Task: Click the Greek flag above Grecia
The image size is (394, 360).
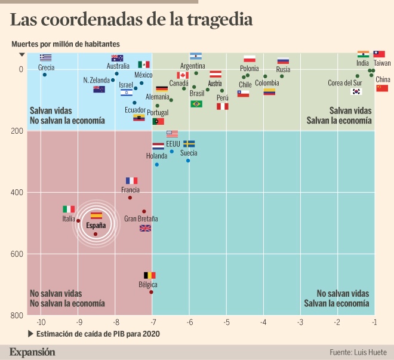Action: [x=45, y=58]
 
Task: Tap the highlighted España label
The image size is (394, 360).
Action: [x=96, y=226]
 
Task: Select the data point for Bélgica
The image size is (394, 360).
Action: [x=151, y=292]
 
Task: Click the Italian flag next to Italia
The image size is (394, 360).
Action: [x=69, y=209]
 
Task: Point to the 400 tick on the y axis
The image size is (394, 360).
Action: [x=17, y=192]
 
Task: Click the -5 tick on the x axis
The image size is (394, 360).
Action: [x=227, y=322]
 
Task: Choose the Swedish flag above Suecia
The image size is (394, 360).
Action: [x=189, y=144]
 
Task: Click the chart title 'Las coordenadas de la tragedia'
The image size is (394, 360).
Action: [x=131, y=20]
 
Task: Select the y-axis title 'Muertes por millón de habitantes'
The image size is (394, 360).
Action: [x=65, y=44]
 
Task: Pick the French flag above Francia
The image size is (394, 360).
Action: [x=131, y=180]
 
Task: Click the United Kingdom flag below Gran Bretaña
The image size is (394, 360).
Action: [x=145, y=228]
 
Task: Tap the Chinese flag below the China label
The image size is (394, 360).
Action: [x=382, y=88]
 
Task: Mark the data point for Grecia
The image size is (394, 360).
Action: [x=45, y=75]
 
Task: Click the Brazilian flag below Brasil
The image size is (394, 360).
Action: [x=196, y=104]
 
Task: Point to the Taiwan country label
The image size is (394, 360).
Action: [x=382, y=63]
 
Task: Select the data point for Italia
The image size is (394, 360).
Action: [x=78, y=221]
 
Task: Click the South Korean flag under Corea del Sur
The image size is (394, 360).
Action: [x=356, y=91]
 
